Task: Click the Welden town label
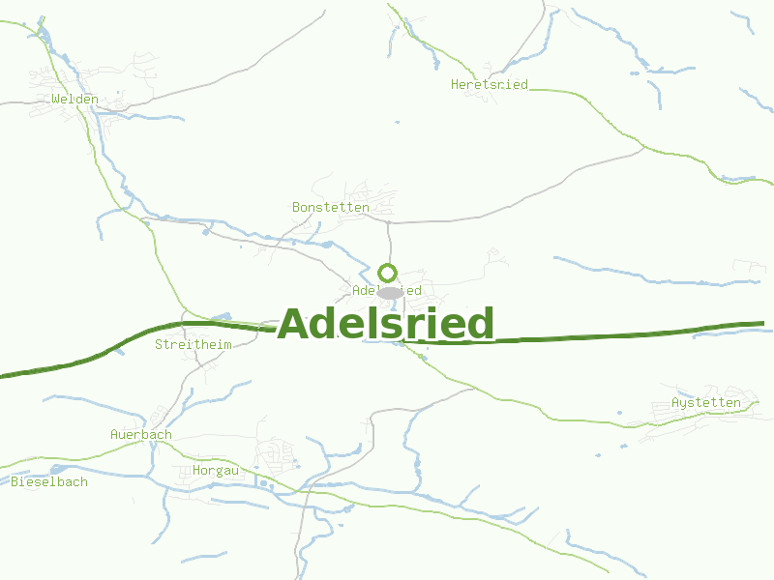point(74,99)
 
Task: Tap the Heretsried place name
point(490,85)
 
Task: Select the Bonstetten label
point(331,207)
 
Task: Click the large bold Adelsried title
point(386,324)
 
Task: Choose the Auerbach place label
point(141,435)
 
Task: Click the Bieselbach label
point(49,481)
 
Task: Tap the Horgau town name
point(216,471)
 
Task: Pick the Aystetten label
point(706,402)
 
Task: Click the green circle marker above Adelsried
point(388,273)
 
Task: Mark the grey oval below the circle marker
point(391,292)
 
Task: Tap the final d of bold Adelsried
point(479,324)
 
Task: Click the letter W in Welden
point(56,99)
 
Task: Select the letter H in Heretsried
point(456,85)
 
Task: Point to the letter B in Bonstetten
point(297,207)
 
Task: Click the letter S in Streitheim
point(160,344)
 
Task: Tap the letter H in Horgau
point(197,471)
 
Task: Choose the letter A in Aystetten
point(675,402)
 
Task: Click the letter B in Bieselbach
point(15,481)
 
